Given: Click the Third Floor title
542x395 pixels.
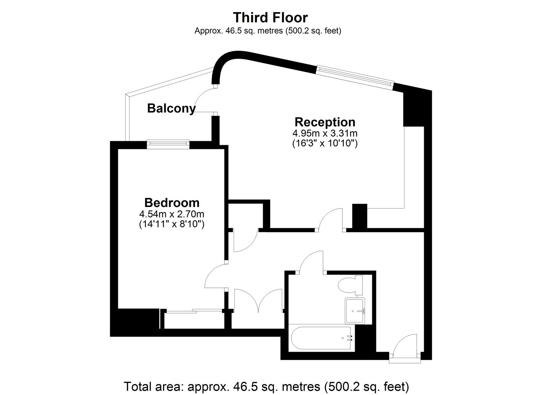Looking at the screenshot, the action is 270,18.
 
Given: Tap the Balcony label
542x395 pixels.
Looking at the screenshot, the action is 171,108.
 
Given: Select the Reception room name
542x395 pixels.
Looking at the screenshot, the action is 325,122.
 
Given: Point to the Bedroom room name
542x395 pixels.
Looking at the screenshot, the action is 172,203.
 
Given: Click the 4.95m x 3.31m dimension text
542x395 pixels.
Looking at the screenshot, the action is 325,133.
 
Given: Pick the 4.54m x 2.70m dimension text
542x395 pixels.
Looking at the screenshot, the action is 172,214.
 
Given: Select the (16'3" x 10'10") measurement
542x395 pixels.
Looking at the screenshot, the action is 325,143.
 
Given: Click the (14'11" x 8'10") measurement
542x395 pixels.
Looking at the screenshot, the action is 172,224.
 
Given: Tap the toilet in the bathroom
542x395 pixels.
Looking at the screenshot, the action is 351,285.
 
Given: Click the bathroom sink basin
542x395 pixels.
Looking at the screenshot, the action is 355,311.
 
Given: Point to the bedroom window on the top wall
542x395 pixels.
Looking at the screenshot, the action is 168,144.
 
